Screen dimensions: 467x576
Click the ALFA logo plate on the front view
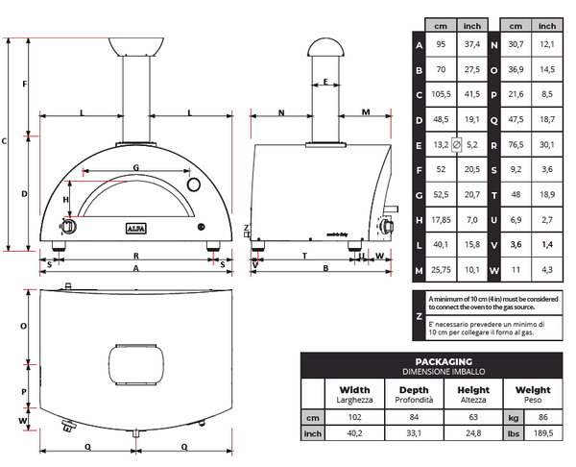click(x=135, y=227)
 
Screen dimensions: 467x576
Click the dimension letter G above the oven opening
click(x=135, y=167)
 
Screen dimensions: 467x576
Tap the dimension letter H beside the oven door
click(x=66, y=199)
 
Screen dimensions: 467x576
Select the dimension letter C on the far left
click(x=5, y=141)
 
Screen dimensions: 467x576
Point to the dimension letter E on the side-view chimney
click(x=325, y=83)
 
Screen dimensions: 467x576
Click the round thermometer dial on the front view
click(x=193, y=184)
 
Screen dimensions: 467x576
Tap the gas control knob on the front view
click(x=69, y=226)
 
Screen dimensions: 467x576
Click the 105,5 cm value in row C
click(x=442, y=95)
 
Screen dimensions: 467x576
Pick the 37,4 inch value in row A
click(x=471, y=45)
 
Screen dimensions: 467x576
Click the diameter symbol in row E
click(x=457, y=144)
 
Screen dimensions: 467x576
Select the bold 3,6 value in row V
click(x=516, y=245)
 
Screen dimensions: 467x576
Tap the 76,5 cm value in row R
click(x=516, y=144)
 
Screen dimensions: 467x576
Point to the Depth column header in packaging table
click(x=414, y=390)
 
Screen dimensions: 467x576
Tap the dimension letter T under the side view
click(x=303, y=257)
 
